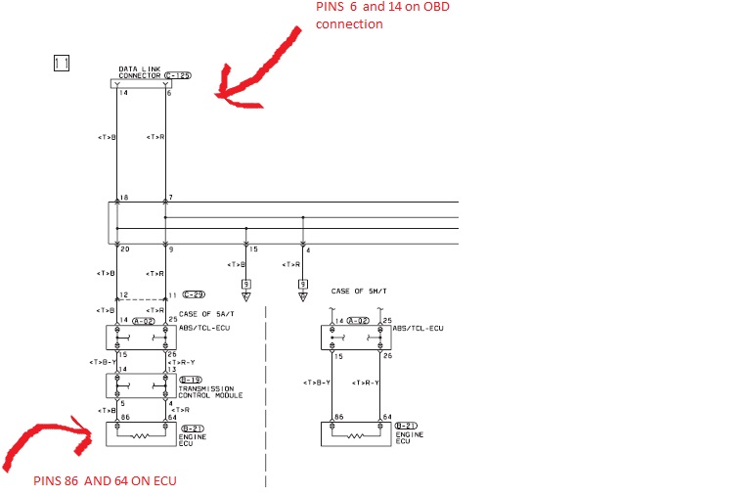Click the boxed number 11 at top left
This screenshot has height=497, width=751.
(62, 63)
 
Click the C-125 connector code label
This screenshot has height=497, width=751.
(177, 74)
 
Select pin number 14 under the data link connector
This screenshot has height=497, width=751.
(123, 93)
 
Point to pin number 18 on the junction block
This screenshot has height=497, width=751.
(124, 199)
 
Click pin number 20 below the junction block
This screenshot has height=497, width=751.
(124, 249)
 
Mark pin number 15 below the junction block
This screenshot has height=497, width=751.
(253, 249)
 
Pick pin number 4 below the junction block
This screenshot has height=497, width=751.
(308, 249)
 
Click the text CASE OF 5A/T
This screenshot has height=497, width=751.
(208, 313)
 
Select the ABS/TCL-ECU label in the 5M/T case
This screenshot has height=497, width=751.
(418, 329)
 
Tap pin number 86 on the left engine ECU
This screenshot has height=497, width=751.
(122, 418)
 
